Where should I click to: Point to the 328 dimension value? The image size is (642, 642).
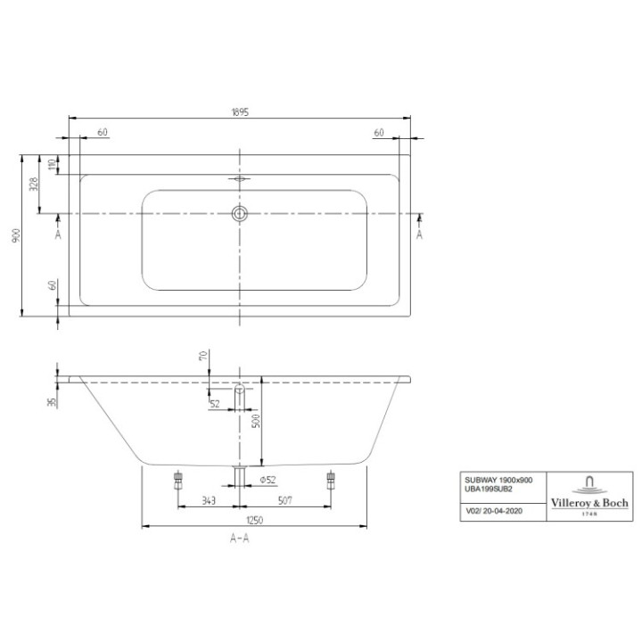[x=34, y=185]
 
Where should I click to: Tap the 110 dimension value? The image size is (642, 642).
[x=53, y=165]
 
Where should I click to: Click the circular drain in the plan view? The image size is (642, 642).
[x=239, y=213]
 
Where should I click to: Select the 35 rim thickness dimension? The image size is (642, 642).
[x=53, y=402]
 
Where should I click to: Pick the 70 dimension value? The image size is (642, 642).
[x=202, y=357]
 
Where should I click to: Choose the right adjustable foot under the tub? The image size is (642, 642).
[x=333, y=479]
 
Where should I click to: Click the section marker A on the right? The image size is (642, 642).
[x=419, y=234]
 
